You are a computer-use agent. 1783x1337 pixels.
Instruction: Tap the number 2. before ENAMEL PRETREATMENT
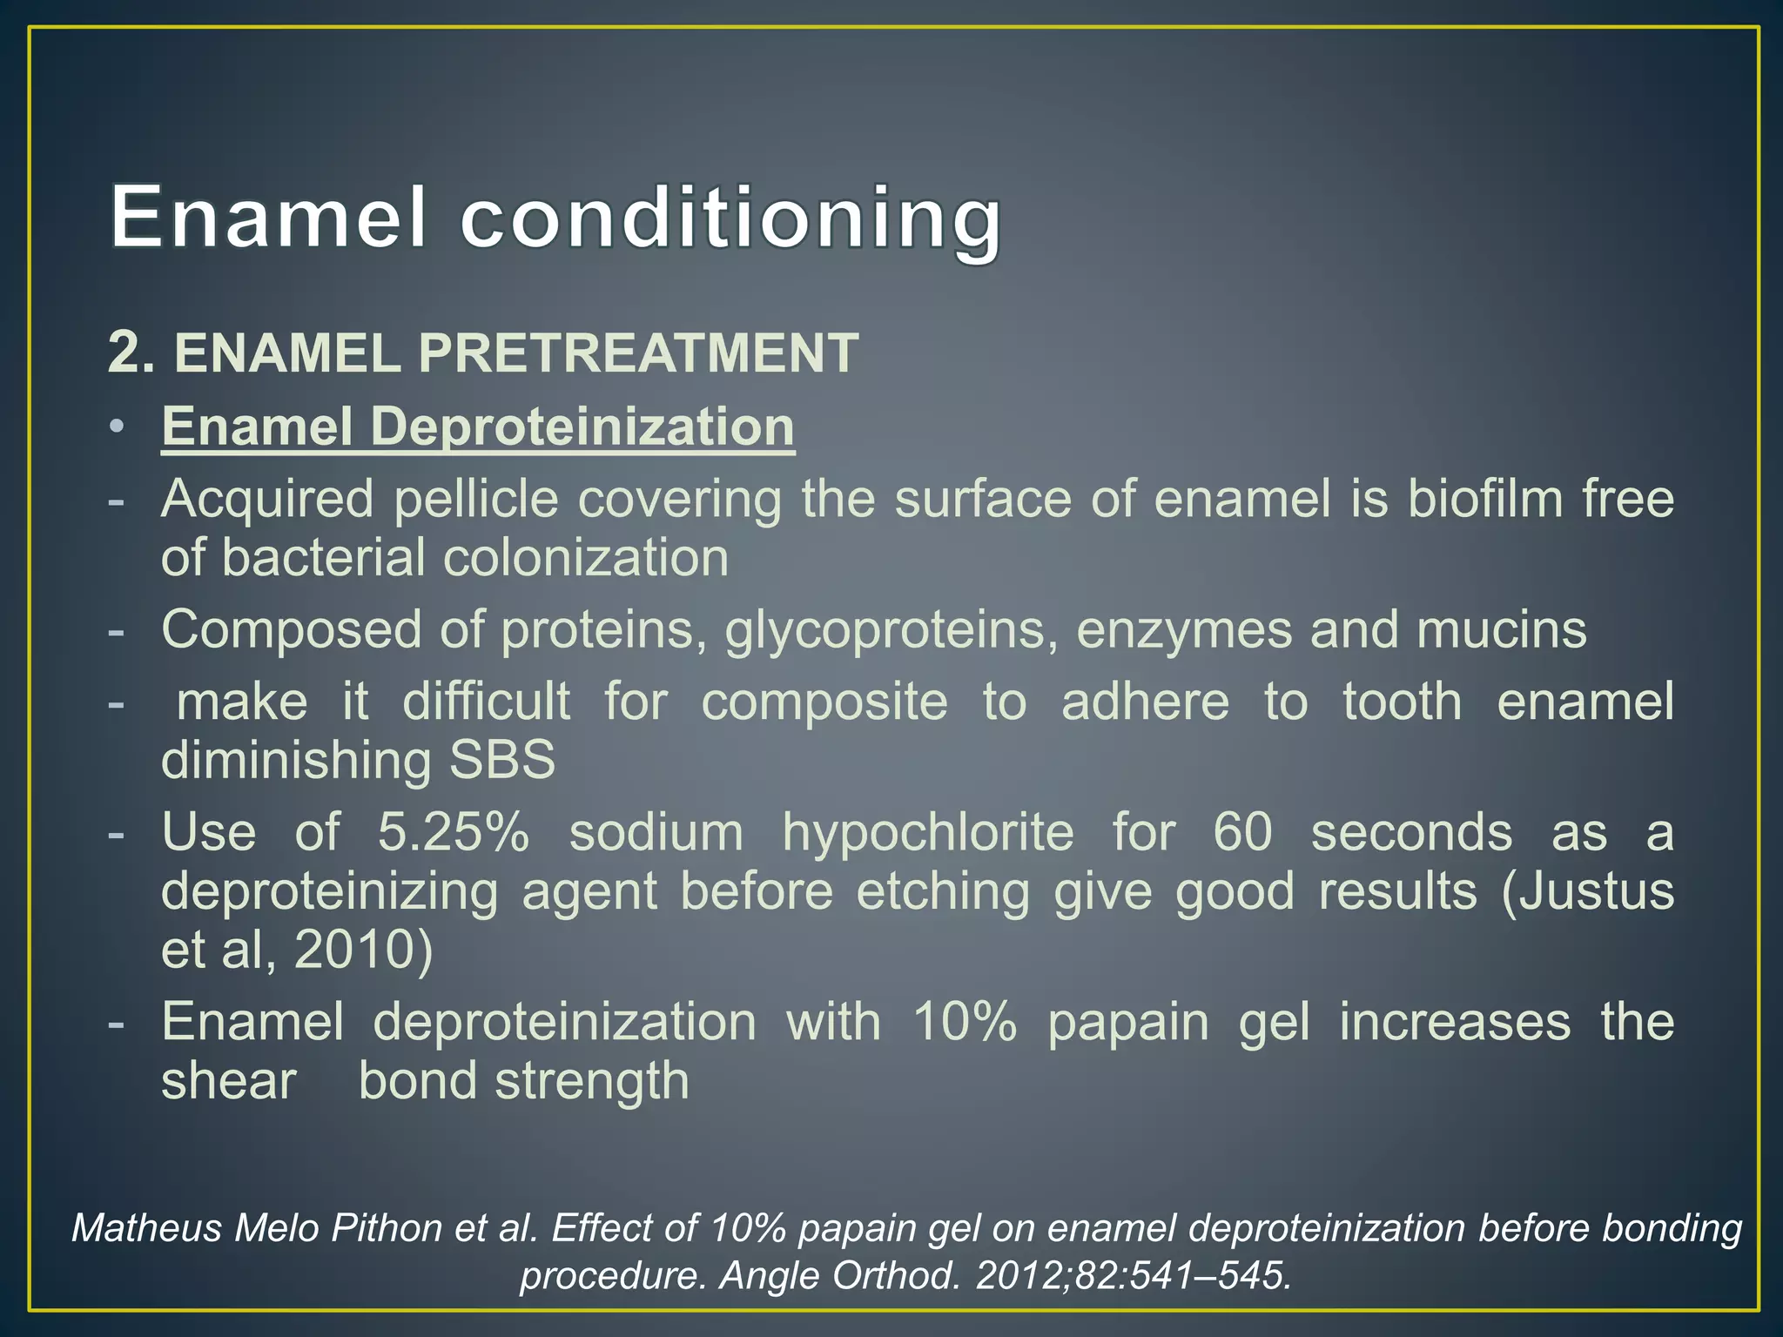point(131,353)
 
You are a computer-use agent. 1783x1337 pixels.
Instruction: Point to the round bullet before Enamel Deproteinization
point(117,427)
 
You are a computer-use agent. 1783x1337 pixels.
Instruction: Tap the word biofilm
point(1484,500)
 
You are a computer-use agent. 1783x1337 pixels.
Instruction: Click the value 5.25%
point(453,832)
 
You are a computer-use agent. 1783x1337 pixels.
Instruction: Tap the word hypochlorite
point(927,832)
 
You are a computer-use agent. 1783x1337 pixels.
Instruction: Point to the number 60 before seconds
point(1242,832)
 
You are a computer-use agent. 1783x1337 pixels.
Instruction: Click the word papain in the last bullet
point(1127,1022)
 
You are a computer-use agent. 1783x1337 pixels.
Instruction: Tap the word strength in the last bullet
point(591,1081)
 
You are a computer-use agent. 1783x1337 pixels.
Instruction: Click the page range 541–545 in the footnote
point(1211,1276)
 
